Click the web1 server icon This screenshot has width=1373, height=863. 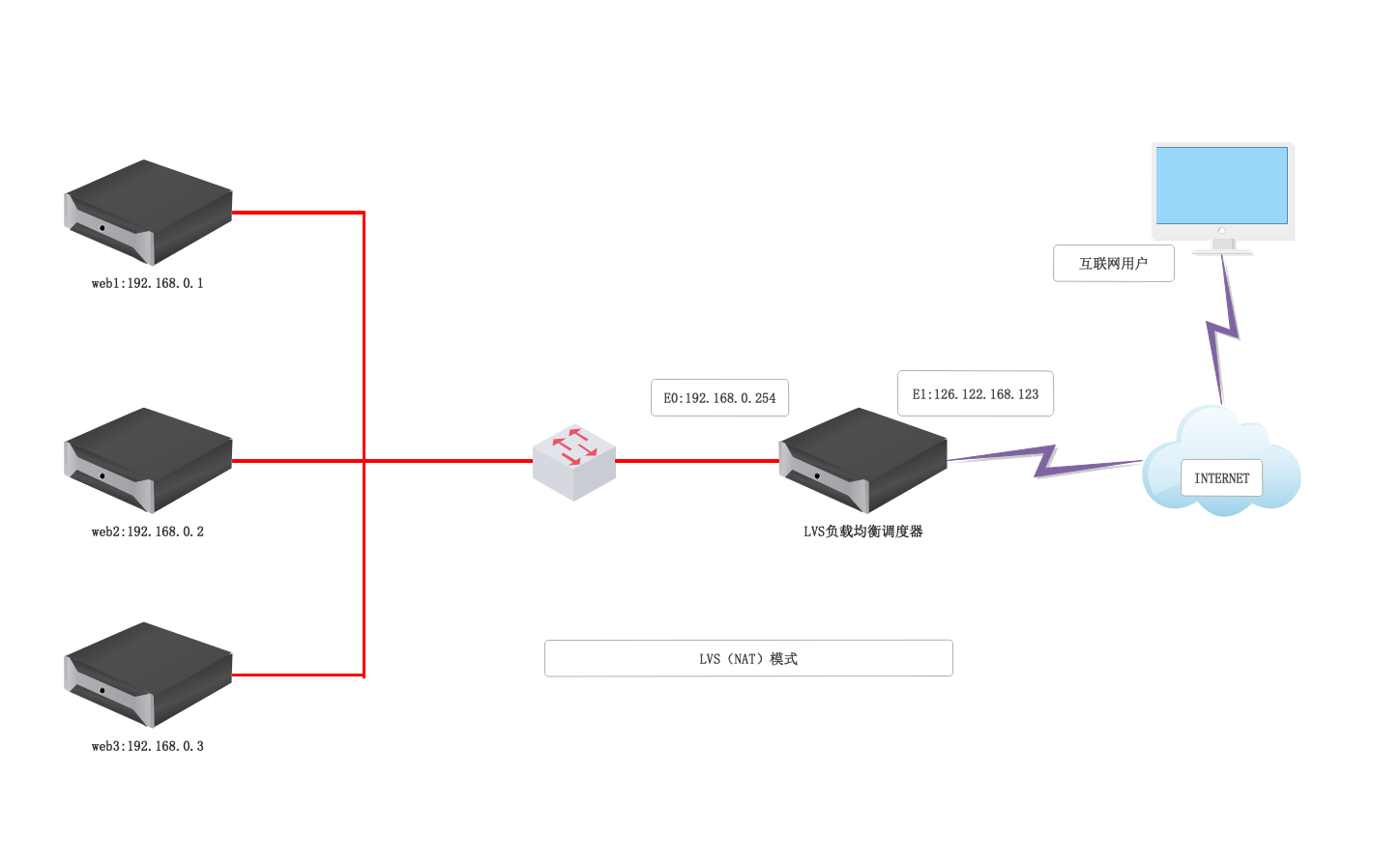148,213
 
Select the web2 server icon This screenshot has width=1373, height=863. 148,461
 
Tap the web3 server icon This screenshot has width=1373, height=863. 148,676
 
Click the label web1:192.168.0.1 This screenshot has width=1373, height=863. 148,283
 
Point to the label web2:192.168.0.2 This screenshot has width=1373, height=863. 148,532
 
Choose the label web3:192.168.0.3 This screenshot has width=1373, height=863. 148,746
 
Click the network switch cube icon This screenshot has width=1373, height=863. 574,462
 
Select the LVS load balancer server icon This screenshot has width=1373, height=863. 863,461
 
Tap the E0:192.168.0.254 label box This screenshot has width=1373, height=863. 719,398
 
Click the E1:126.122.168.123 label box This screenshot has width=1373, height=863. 975,394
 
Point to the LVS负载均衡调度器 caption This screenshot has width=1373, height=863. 863,532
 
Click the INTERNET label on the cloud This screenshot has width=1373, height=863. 1221,478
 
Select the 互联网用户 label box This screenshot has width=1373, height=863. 1113,263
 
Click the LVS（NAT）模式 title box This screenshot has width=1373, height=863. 748,658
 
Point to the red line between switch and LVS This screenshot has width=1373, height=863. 696,461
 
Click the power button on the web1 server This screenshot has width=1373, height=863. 102,228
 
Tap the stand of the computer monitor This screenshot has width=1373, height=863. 1223,246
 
